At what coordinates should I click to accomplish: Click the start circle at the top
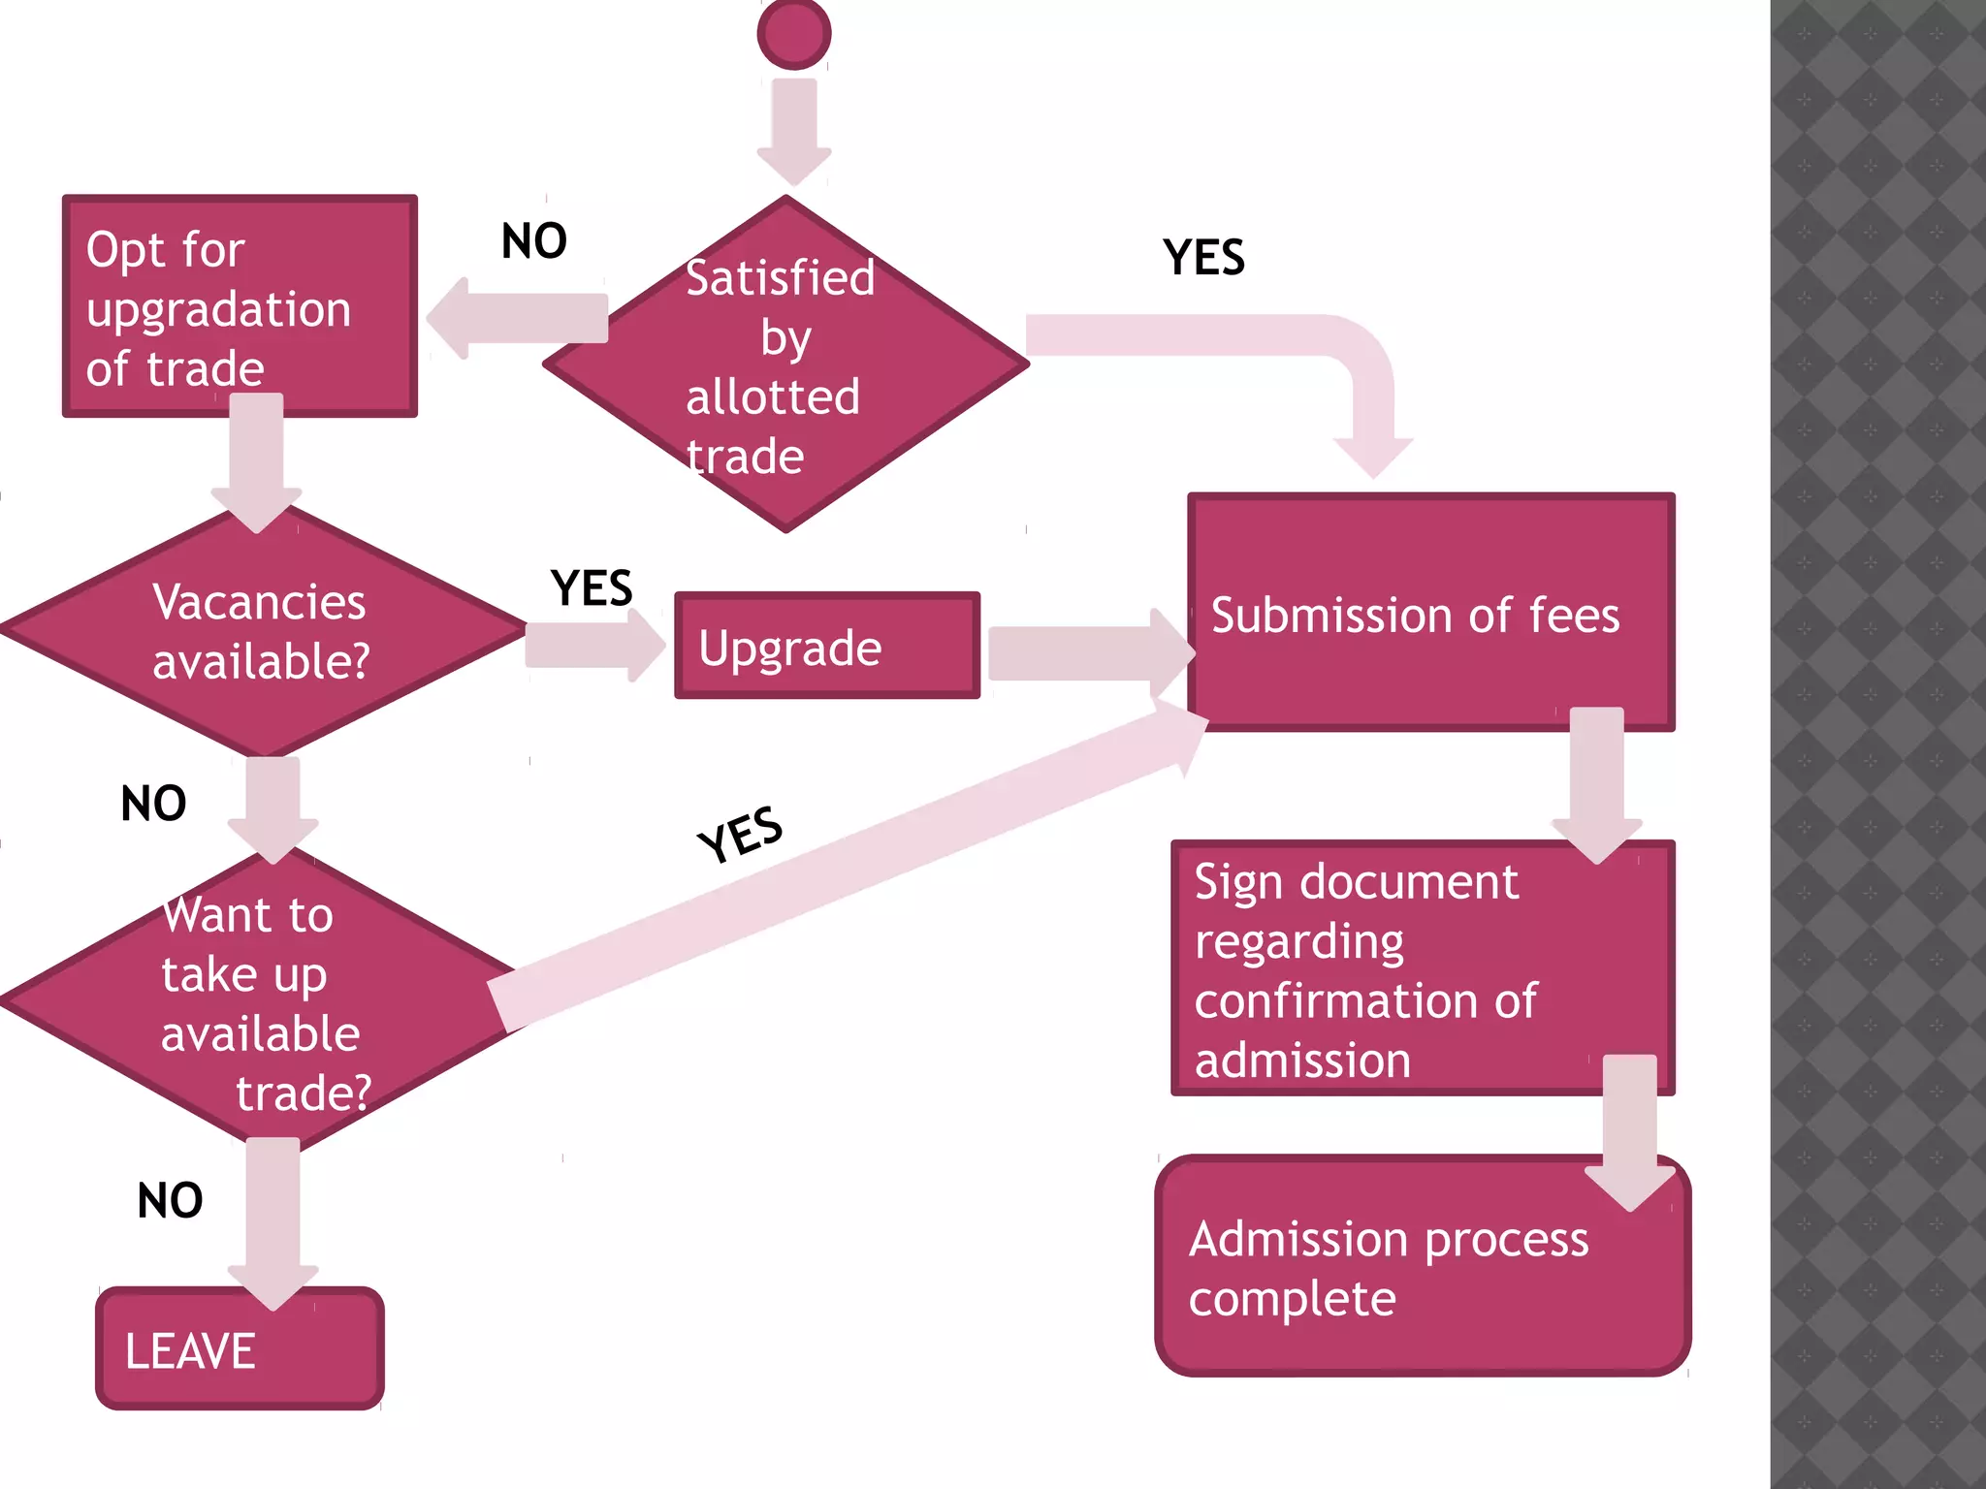(x=794, y=34)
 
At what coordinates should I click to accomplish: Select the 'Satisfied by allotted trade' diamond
(x=785, y=364)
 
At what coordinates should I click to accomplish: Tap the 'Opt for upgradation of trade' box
(x=240, y=306)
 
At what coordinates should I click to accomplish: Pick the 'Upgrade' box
(x=827, y=646)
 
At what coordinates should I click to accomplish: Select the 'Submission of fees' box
(x=1431, y=613)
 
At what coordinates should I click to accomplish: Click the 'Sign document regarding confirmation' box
(x=1423, y=968)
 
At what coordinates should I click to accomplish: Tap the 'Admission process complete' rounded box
(x=1423, y=1266)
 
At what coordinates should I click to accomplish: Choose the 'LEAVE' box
(x=240, y=1349)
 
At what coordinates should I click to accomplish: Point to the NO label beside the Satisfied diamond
(x=534, y=241)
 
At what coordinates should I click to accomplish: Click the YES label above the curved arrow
(x=1203, y=258)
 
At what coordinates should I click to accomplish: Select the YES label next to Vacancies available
(x=592, y=588)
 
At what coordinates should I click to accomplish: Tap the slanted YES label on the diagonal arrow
(x=741, y=834)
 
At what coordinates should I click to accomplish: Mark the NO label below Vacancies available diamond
(x=153, y=804)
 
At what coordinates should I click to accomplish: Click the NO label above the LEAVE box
(x=171, y=1200)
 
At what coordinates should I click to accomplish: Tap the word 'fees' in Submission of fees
(x=1574, y=616)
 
